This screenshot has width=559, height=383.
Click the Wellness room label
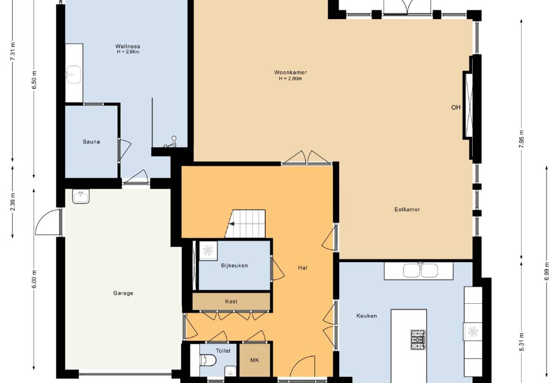[128, 46]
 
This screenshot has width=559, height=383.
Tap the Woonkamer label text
[290, 72]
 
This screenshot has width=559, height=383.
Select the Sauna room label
[91, 142]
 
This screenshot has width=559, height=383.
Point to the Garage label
[123, 293]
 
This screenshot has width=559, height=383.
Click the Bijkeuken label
[234, 266]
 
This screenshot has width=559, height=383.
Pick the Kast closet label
[231, 301]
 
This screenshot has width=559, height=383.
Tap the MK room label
[255, 360]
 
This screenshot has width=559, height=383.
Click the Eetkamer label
[407, 209]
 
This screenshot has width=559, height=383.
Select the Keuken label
[366, 316]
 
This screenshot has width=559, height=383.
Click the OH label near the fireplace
[456, 107]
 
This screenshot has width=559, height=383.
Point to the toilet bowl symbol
[208, 360]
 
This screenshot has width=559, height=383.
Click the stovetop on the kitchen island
[418, 340]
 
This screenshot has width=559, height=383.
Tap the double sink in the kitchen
[421, 270]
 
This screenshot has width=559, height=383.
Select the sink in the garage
[81, 196]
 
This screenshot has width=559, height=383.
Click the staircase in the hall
[245, 224]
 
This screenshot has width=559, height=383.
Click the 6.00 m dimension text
[34, 279]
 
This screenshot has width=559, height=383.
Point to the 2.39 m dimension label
[13, 202]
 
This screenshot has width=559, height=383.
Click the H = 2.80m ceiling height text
[290, 79]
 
